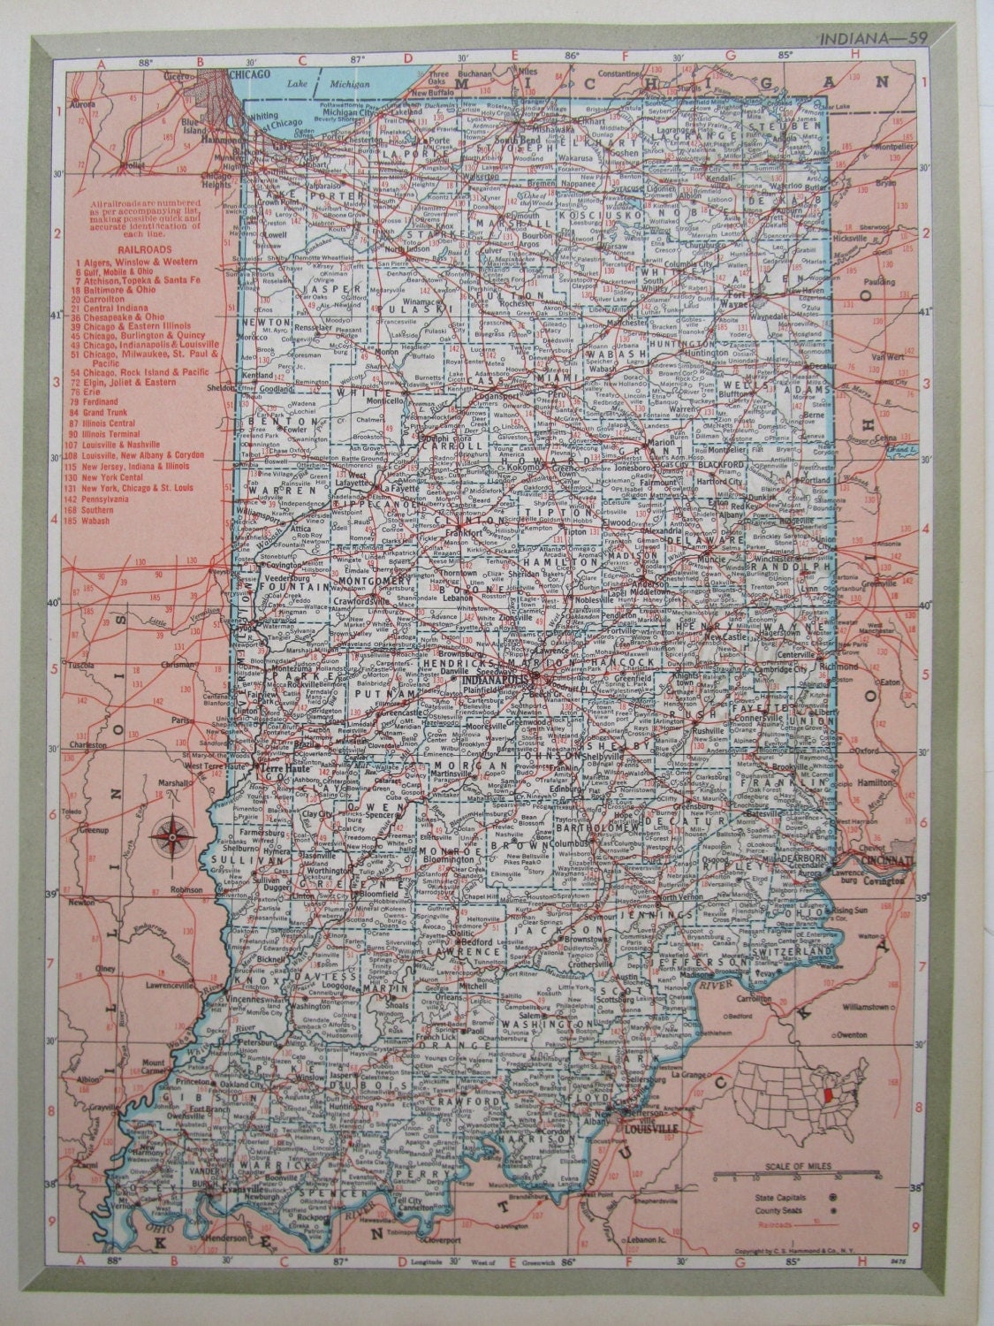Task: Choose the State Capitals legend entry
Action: click(778, 1197)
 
